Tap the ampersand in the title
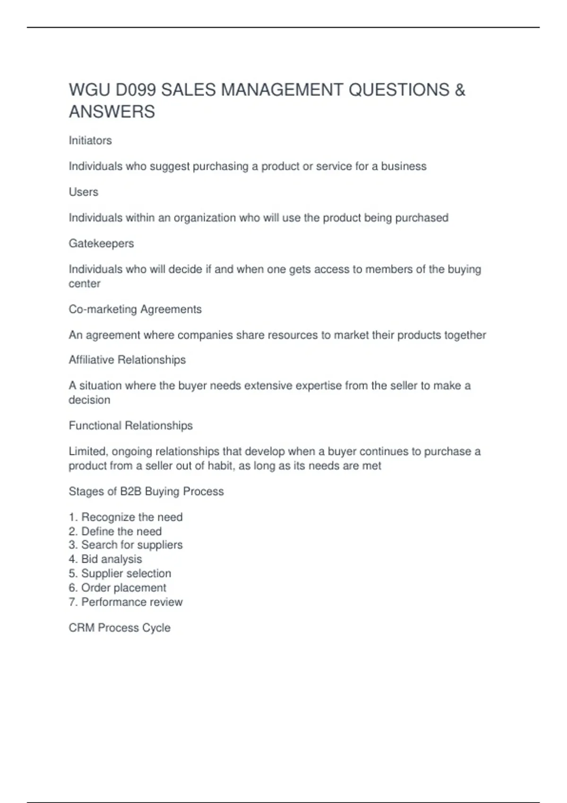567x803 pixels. [460, 90]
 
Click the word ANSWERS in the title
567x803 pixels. [112, 112]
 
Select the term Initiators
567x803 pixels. [90, 140]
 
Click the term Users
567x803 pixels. [84, 192]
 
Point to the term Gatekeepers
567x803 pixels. [101, 243]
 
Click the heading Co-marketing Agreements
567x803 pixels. [135, 309]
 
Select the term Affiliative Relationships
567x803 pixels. [127, 359]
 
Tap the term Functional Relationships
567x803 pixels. [130, 425]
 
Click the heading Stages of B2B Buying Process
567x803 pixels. [146, 491]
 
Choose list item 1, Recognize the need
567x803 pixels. [126, 517]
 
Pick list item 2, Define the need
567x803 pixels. [115, 531]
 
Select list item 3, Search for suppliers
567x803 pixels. [126, 545]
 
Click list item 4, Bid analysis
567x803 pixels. [105, 559]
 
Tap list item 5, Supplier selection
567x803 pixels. [120, 573]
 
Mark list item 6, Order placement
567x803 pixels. [118, 588]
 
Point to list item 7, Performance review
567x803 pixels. [126, 602]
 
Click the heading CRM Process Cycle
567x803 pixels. [120, 628]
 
